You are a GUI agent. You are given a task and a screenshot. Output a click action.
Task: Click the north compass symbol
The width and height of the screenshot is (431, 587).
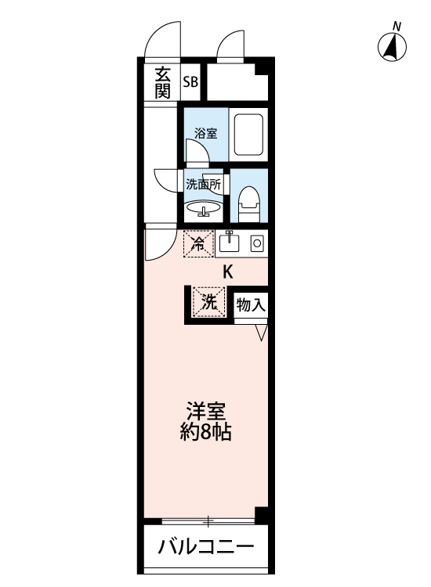coord(393,46)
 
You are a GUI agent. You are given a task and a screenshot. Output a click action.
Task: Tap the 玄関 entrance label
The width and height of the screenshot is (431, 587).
coord(162,83)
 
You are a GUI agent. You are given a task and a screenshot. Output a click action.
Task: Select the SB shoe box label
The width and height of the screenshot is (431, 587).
coord(190,81)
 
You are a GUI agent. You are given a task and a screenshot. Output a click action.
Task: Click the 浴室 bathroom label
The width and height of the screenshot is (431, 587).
coord(205,133)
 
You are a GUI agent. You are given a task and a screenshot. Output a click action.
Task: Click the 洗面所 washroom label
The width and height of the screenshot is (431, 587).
coord(204,185)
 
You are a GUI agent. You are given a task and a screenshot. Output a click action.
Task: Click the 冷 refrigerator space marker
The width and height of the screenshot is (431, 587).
coord(199,243)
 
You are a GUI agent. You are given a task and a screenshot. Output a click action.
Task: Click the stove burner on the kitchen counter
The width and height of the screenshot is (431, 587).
coord(256,244)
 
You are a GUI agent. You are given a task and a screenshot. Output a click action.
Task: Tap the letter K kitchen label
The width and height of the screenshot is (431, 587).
coord(228,273)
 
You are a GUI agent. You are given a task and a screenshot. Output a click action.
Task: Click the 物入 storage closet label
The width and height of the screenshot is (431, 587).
coord(250,304)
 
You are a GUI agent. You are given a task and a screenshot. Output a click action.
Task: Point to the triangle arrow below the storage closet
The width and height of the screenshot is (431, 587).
coord(261,333)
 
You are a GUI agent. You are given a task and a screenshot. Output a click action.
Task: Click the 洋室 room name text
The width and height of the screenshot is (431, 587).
coord(206,411)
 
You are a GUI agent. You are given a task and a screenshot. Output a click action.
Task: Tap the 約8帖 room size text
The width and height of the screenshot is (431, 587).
coord(206,432)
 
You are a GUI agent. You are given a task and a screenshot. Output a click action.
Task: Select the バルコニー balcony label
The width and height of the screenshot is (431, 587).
coord(206,546)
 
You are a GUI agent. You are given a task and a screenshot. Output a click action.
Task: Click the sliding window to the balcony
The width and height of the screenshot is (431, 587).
coord(208,520)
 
